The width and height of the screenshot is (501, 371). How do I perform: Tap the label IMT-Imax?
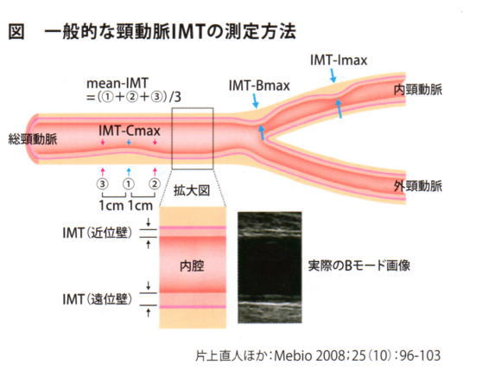(339, 61)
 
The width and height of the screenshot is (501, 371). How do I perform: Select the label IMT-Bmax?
(259, 86)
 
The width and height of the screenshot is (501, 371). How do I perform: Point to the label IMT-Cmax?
(130, 131)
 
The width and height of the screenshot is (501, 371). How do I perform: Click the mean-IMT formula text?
(134, 90)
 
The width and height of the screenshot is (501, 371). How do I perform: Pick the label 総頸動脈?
(33, 139)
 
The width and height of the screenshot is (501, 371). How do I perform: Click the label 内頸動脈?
(418, 90)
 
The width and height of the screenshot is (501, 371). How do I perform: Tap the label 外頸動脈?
(418, 186)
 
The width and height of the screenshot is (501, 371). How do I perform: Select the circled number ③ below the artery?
(103, 184)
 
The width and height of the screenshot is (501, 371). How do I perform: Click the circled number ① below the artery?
(129, 184)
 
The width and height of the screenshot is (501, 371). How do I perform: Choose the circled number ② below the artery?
(155, 184)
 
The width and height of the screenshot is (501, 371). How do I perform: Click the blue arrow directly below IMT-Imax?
(333, 75)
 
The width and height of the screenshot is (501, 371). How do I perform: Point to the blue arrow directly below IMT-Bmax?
(256, 100)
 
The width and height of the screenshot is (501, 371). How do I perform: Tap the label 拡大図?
(192, 190)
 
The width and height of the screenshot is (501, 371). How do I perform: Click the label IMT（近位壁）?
(97, 233)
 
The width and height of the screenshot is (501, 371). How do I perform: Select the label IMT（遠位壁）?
(97, 299)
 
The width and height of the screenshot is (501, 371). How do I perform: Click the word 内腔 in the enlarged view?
(192, 266)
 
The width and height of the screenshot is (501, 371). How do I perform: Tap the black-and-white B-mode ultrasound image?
(270, 267)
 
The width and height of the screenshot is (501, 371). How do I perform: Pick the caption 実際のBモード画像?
(359, 265)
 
